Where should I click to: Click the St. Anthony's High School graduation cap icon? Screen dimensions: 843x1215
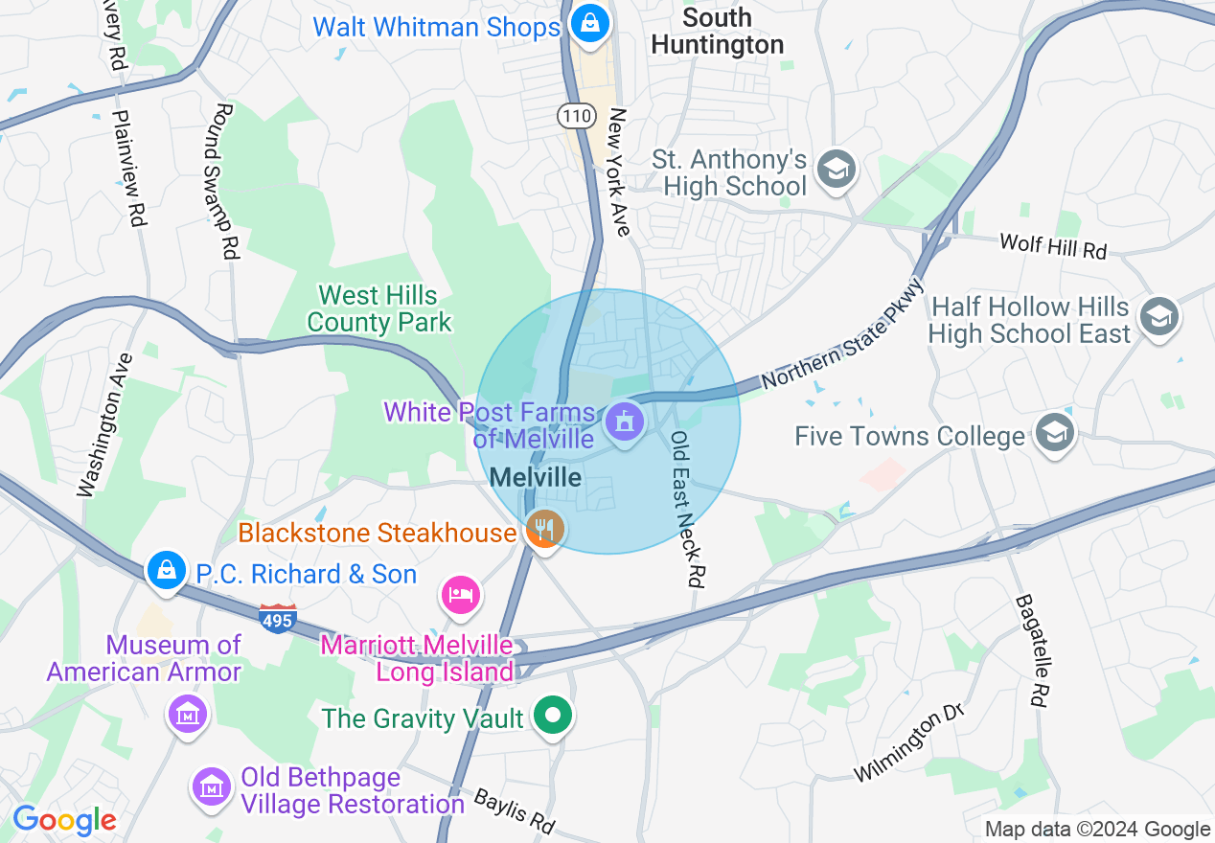pyautogui.click(x=836, y=171)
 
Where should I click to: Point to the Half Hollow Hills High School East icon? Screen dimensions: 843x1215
pyautogui.click(x=1159, y=317)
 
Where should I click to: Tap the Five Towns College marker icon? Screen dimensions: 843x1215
pyautogui.click(x=1054, y=434)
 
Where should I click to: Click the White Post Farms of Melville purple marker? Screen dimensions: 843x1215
pyautogui.click(x=625, y=422)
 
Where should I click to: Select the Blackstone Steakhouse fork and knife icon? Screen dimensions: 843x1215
pyautogui.click(x=545, y=529)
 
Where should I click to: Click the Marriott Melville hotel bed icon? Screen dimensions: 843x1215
pyautogui.click(x=461, y=595)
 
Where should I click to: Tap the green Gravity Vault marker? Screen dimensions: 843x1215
pyautogui.click(x=553, y=716)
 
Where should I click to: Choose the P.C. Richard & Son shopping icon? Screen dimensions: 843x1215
pyautogui.click(x=167, y=570)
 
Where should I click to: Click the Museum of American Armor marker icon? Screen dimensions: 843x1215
pyautogui.click(x=187, y=714)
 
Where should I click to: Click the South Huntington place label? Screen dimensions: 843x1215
pyautogui.click(x=717, y=31)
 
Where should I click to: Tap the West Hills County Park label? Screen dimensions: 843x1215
pyautogui.click(x=378, y=308)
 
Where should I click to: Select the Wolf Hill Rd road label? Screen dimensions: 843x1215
pyautogui.click(x=1052, y=245)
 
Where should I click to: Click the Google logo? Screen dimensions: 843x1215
pyautogui.click(x=64, y=820)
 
